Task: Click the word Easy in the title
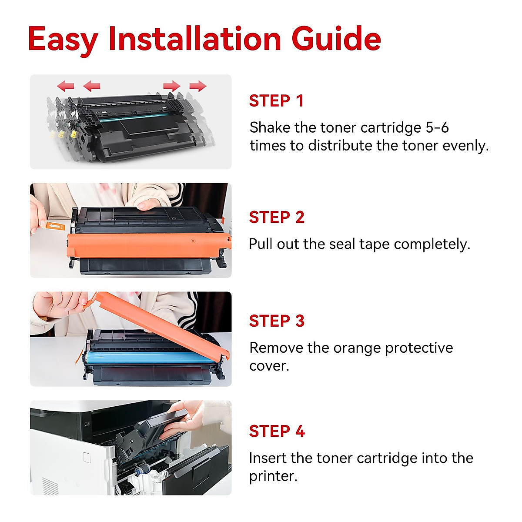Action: point(63,39)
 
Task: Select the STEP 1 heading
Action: point(276,101)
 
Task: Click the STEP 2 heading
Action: point(276,217)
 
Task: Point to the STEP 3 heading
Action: point(276,321)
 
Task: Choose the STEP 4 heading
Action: point(276,431)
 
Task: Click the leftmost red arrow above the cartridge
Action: point(66,86)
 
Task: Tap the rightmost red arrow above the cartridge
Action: point(197,86)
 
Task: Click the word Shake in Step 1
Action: point(270,127)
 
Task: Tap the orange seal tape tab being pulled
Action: point(54,226)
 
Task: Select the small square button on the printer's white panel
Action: point(86,457)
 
